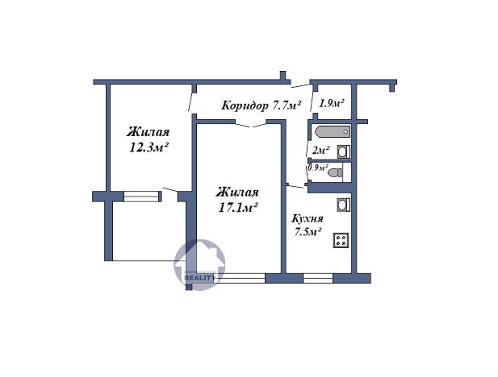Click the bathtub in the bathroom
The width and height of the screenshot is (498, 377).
click(x=333, y=131)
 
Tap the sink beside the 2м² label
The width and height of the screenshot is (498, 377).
click(x=343, y=151)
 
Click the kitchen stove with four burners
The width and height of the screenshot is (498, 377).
click(x=341, y=238)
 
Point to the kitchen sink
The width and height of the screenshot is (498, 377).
click(x=342, y=205)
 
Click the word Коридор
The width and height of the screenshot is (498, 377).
click(x=245, y=106)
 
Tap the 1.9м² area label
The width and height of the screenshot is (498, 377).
click(x=332, y=103)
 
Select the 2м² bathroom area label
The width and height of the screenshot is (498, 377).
click(x=320, y=151)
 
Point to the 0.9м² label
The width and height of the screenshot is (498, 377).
click(x=318, y=168)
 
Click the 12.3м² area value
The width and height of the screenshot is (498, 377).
click(x=149, y=147)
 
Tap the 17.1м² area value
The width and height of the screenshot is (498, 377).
click(x=237, y=207)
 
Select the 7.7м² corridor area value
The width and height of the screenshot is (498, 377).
click(x=287, y=106)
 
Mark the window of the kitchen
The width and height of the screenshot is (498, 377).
click(x=317, y=278)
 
